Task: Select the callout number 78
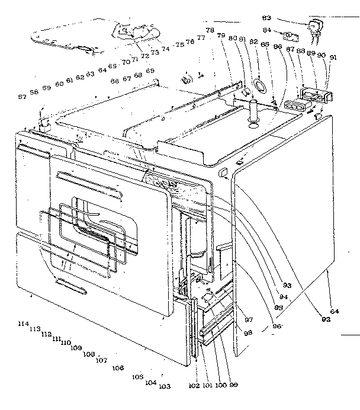click(x=210, y=31)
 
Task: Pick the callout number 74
click(x=165, y=49)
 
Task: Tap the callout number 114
click(x=23, y=323)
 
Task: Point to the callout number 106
click(x=117, y=368)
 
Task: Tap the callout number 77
click(x=201, y=39)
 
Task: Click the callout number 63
click(x=90, y=75)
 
